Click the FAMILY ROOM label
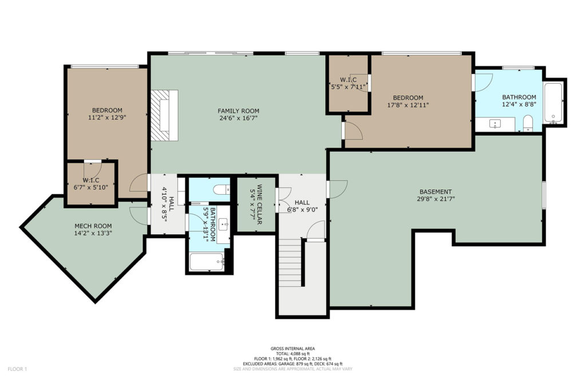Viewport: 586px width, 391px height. (x=239, y=110)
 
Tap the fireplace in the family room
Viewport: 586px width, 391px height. (x=164, y=115)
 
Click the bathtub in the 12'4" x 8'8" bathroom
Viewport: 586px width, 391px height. (x=553, y=103)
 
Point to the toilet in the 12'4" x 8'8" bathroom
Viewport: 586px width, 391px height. (x=528, y=123)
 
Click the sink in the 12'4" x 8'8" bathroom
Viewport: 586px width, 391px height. (x=495, y=124)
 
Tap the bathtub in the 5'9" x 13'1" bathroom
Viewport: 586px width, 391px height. (x=207, y=262)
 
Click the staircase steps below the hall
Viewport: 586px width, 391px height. (x=290, y=263)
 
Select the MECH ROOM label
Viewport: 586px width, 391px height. (x=93, y=226)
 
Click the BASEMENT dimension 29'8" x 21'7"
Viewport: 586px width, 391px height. (x=435, y=199)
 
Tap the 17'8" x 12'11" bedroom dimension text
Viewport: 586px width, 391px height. (x=407, y=105)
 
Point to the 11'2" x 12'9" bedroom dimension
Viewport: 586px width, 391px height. (x=107, y=117)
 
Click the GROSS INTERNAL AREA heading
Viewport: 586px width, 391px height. (x=292, y=349)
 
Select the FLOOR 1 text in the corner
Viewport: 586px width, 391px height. (x=17, y=369)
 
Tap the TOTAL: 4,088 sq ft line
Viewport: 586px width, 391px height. (x=292, y=354)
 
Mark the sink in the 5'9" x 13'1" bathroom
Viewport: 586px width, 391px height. (x=224, y=225)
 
